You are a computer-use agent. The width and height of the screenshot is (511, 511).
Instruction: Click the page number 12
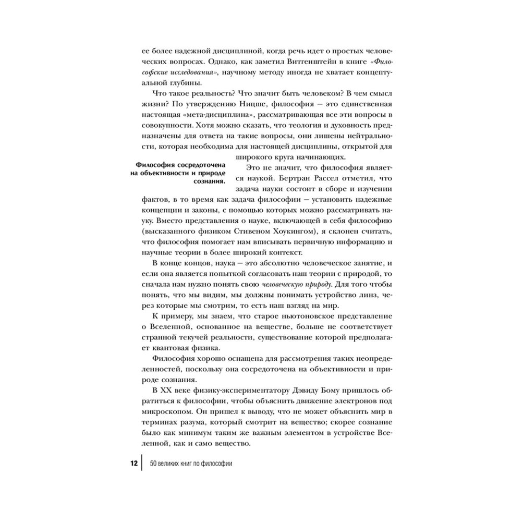(133, 463)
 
